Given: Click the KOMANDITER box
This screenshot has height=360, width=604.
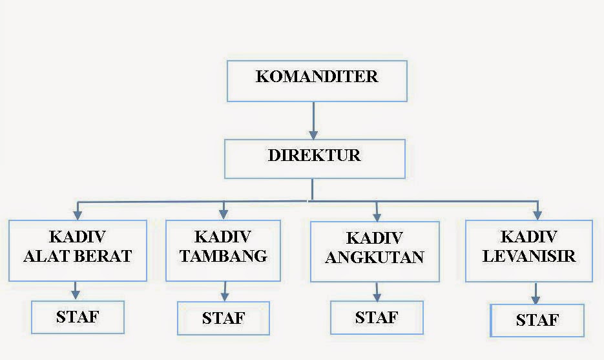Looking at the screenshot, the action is (x=317, y=81).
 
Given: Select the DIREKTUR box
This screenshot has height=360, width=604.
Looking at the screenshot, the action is (x=315, y=159).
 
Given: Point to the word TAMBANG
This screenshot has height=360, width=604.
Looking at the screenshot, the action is (x=224, y=256).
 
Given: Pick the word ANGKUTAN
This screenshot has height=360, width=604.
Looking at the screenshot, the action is (x=375, y=258).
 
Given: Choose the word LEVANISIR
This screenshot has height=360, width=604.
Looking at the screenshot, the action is (x=530, y=257).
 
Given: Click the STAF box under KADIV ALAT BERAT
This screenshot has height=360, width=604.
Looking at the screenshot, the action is (x=78, y=317).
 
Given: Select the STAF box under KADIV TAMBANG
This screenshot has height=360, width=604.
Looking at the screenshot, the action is (x=224, y=319).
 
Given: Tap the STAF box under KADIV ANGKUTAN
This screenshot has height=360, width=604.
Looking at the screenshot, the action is (x=377, y=318).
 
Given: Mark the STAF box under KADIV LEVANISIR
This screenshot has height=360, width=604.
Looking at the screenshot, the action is (x=537, y=321).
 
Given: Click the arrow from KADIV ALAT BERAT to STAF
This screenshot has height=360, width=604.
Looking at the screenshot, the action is (x=76, y=290).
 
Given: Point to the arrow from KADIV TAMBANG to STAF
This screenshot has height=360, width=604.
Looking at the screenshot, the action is (x=224, y=291).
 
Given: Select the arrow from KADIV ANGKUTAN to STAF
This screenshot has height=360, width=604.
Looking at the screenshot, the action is (x=377, y=292).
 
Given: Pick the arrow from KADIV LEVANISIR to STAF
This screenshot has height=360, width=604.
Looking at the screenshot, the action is (x=536, y=293).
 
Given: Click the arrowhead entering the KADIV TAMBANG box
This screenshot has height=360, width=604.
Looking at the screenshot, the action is (x=224, y=214).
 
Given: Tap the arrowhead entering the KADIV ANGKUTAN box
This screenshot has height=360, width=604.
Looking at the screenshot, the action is (x=377, y=215).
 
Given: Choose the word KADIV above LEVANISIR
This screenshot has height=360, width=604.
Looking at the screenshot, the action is (x=529, y=237).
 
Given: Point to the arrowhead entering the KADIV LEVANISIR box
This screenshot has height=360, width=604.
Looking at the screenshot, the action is (x=537, y=214).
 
